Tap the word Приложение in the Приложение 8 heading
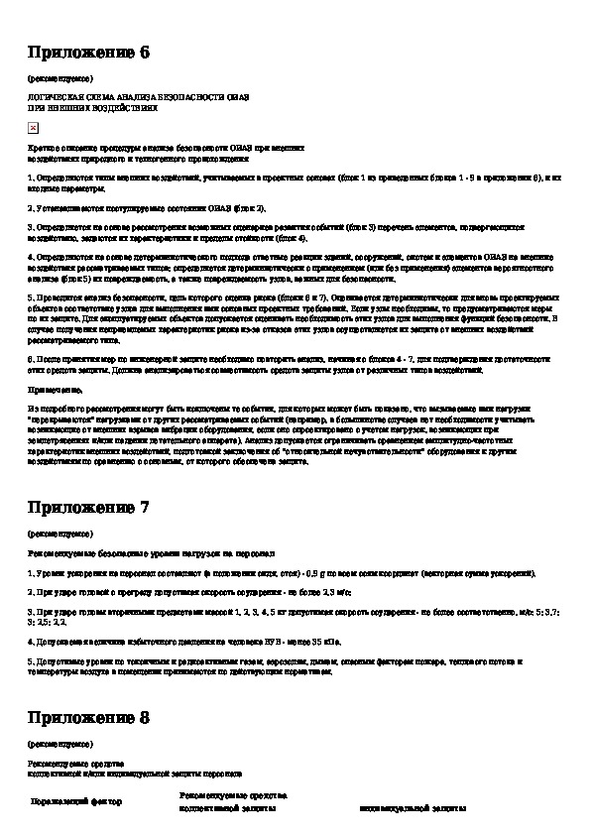[81, 717]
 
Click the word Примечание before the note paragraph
[54, 391]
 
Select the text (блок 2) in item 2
[249, 208]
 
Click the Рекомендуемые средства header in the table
[233, 795]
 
